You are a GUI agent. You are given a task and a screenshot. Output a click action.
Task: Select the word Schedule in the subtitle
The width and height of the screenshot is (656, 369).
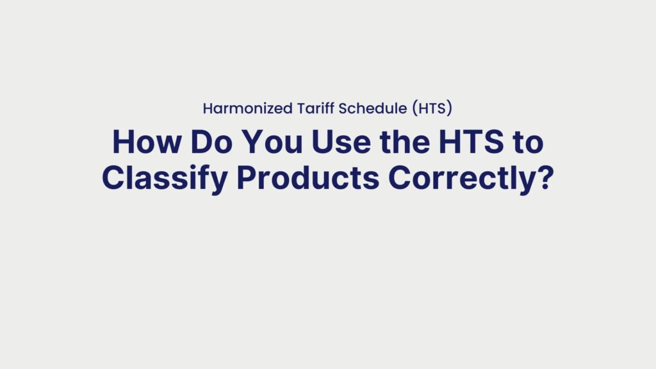[x=368, y=108]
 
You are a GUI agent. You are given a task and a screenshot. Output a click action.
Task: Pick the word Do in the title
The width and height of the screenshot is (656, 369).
[x=206, y=142]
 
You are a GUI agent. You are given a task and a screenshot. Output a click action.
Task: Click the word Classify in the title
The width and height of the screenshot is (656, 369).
[x=164, y=178]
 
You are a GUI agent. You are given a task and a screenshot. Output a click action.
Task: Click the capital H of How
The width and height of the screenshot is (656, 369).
[x=122, y=142]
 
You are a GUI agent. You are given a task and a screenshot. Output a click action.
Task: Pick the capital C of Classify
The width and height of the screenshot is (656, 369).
[x=113, y=178]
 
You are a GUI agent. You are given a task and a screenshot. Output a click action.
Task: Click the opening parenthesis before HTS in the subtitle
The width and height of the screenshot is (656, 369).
[x=414, y=108]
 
